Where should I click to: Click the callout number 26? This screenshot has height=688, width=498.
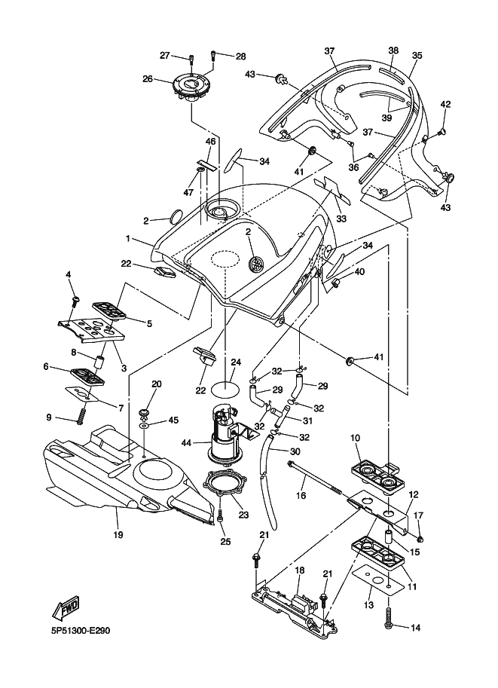148,78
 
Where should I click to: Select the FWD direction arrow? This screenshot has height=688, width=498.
66,605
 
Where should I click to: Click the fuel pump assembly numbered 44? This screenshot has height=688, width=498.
225,437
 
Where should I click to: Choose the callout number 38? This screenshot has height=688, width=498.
393,51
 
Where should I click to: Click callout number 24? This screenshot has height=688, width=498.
235,362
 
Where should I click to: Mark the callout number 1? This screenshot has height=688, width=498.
128,239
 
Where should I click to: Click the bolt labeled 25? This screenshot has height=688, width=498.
220,518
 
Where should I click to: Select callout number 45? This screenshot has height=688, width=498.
173,420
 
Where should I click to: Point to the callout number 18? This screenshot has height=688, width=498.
299,570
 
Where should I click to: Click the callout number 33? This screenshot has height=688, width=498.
341,219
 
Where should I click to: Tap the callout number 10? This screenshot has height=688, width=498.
355,437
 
